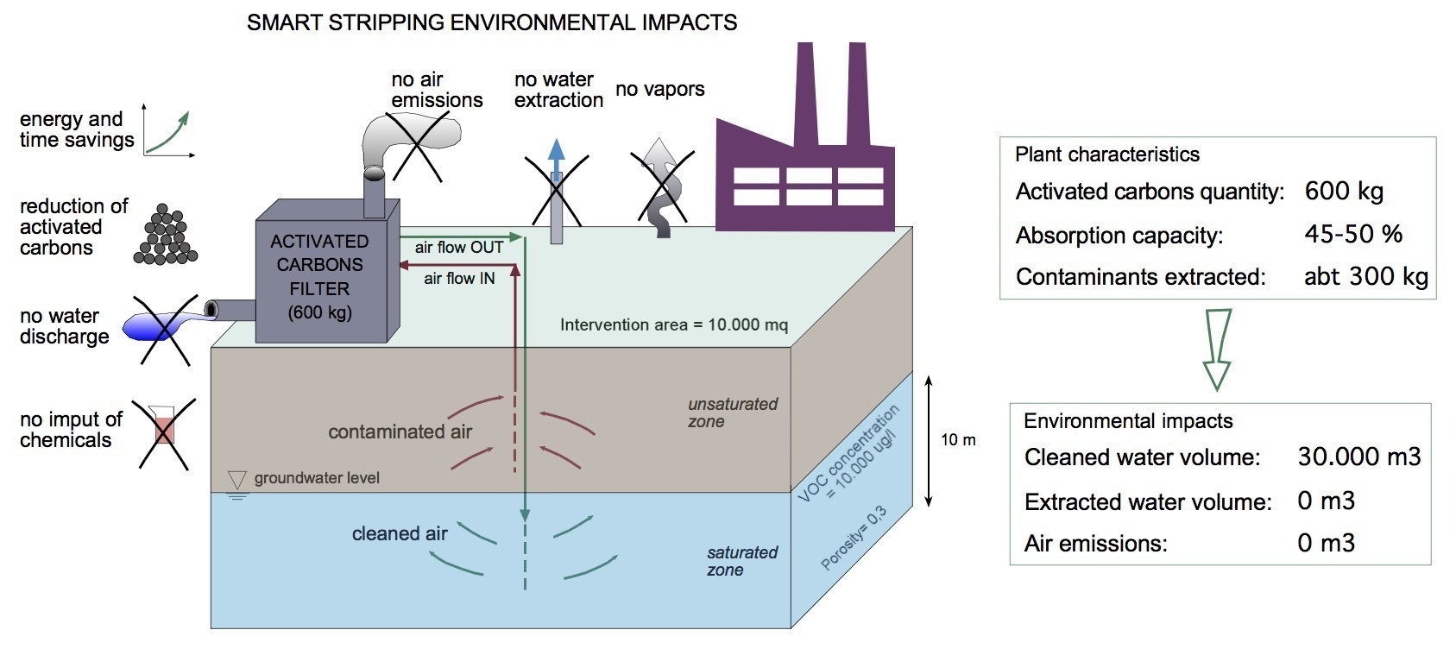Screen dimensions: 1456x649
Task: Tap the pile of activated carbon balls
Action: click(166, 235)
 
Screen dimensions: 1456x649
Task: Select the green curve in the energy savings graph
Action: click(167, 133)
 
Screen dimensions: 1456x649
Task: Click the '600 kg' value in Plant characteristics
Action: click(1344, 191)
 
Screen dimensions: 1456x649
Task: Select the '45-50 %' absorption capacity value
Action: click(1353, 234)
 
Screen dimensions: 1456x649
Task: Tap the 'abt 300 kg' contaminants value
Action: click(1365, 277)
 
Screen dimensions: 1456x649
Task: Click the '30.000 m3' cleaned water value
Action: click(1359, 457)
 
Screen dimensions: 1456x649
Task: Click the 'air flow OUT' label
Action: click(459, 248)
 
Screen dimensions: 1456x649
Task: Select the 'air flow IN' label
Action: click(459, 279)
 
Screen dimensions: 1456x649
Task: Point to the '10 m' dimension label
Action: click(958, 440)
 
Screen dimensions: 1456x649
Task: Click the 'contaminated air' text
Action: click(400, 432)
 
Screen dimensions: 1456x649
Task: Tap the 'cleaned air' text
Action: click(400, 533)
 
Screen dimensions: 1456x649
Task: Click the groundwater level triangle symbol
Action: click(237, 480)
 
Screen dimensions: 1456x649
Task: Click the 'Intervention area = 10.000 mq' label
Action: click(674, 324)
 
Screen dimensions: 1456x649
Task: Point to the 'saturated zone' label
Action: click(742, 561)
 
